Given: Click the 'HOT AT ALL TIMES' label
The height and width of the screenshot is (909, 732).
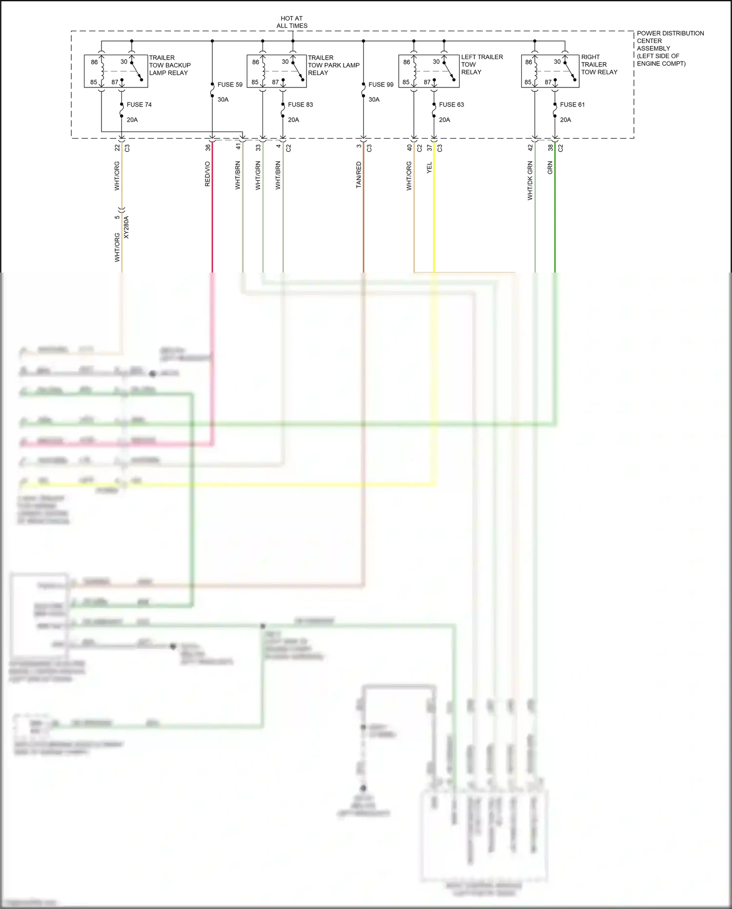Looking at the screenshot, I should point(292,22).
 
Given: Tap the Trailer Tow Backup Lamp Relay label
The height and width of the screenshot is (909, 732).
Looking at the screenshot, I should point(169,65).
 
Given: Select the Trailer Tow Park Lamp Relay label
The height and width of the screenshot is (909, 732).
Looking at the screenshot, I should point(333,65).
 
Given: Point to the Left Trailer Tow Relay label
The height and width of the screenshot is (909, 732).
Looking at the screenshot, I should point(481,64).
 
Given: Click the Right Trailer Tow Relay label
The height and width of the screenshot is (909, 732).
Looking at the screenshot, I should point(599,64).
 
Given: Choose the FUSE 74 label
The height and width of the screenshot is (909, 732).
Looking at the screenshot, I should point(139,105).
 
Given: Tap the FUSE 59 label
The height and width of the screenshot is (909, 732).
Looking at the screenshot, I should point(230,85).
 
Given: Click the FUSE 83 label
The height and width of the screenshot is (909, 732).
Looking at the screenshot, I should point(300,105).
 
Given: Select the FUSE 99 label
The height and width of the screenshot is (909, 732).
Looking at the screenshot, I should point(381,85).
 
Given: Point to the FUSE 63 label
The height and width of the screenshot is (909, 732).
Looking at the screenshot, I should point(451,105).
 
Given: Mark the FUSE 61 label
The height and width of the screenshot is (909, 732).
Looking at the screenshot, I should point(572,105).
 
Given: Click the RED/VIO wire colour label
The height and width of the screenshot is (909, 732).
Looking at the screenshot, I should point(207,174).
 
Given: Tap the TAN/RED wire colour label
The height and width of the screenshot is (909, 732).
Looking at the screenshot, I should point(359,175).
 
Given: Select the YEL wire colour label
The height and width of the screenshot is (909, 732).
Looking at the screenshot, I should point(429,168).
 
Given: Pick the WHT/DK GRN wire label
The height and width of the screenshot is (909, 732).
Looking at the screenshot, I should point(530,181).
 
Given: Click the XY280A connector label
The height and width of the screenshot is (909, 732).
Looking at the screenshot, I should point(126,227).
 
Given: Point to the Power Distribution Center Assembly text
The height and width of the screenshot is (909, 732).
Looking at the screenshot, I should point(670,48).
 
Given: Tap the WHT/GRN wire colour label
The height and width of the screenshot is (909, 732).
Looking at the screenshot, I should point(258,175).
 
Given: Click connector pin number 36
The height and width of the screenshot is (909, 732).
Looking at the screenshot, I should point(208,147).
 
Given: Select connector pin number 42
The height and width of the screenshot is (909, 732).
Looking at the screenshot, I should point(530,147).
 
